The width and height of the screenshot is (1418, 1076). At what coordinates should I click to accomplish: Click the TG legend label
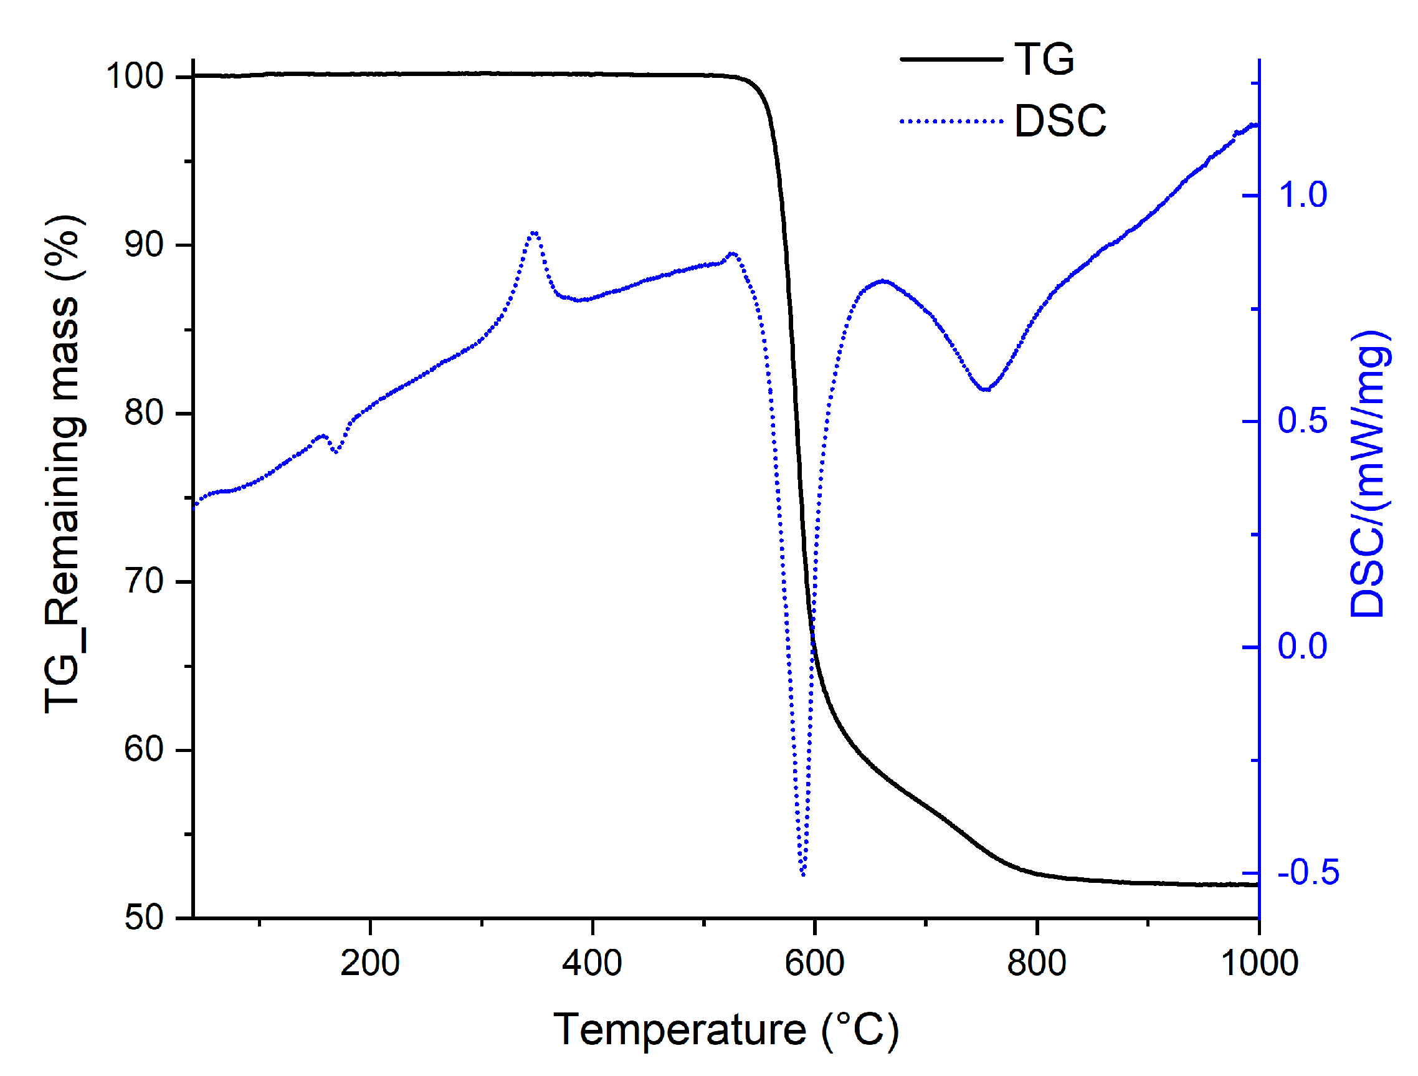(x=1044, y=59)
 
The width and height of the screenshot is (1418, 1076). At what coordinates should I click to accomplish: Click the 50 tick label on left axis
(x=145, y=918)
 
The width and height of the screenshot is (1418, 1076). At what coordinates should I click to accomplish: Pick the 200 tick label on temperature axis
(x=370, y=963)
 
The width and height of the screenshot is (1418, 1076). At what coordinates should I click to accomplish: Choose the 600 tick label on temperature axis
(x=814, y=963)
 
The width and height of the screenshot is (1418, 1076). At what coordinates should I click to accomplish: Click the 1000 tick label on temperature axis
(x=1259, y=963)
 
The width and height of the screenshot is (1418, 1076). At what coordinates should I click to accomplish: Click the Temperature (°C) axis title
(x=726, y=1030)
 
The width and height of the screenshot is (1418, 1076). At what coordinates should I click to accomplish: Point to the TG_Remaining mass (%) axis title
(x=64, y=464)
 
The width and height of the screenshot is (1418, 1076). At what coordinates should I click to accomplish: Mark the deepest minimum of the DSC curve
(x=803, y=874)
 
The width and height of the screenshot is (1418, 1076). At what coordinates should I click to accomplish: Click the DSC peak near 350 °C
(x=534, y=233)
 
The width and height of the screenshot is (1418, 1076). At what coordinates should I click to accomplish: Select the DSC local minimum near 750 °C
(x=986, y=389)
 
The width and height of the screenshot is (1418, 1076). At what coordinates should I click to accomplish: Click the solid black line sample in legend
(x=951, y=59)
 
